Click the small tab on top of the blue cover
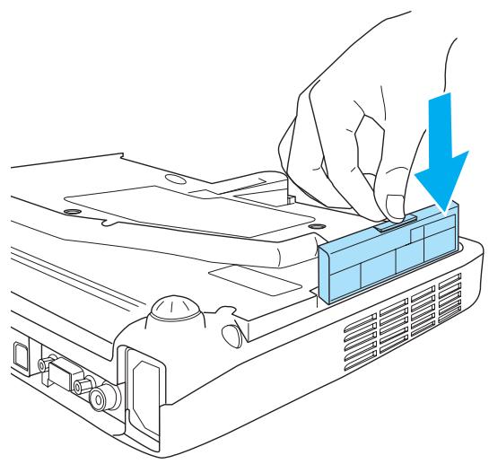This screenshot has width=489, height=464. tap(396, 217)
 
